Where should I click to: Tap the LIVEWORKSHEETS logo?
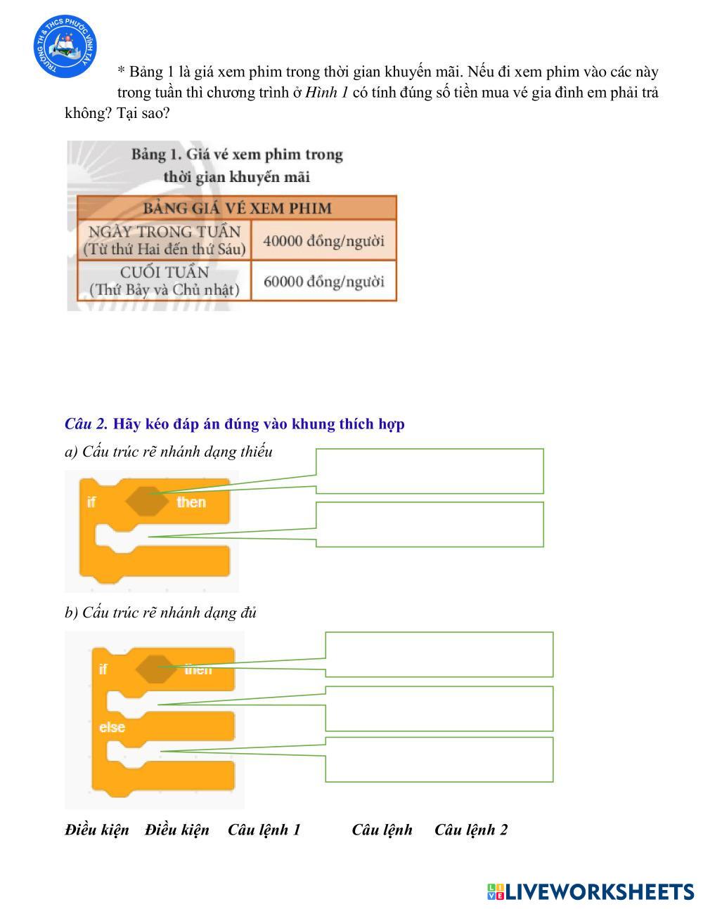point(591,891)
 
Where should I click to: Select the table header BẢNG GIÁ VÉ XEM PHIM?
point(237,208)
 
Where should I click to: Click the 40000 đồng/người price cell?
point(323,241)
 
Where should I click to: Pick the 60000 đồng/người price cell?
point(323,282)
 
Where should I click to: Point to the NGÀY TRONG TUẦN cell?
point(164,240)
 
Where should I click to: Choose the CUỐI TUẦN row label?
point(164,281)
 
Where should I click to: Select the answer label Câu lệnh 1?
point(264,830)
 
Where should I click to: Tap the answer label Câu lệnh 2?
point(470,830)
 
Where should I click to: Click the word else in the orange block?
point(112,727)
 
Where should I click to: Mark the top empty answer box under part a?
point(430,471)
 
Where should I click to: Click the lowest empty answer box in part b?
point(439,759)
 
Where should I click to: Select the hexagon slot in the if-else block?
point(156,669)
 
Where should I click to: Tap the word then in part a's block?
point(191,502)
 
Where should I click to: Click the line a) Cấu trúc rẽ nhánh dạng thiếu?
point(168,452)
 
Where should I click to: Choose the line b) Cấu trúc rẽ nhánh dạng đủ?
point(160,613)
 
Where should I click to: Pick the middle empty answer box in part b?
point(439,708)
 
